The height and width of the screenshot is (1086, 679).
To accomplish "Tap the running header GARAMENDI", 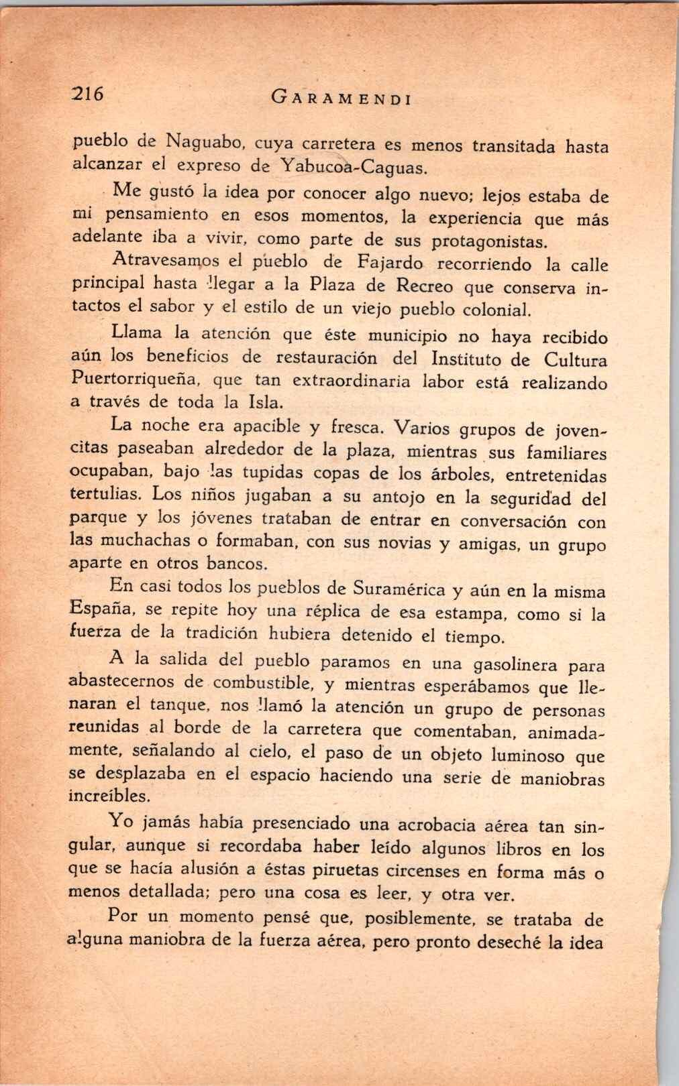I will tap(341, 99).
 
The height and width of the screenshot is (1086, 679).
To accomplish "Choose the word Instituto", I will tap(466, 359).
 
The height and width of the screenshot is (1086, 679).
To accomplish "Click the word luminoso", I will tap(527, 756).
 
